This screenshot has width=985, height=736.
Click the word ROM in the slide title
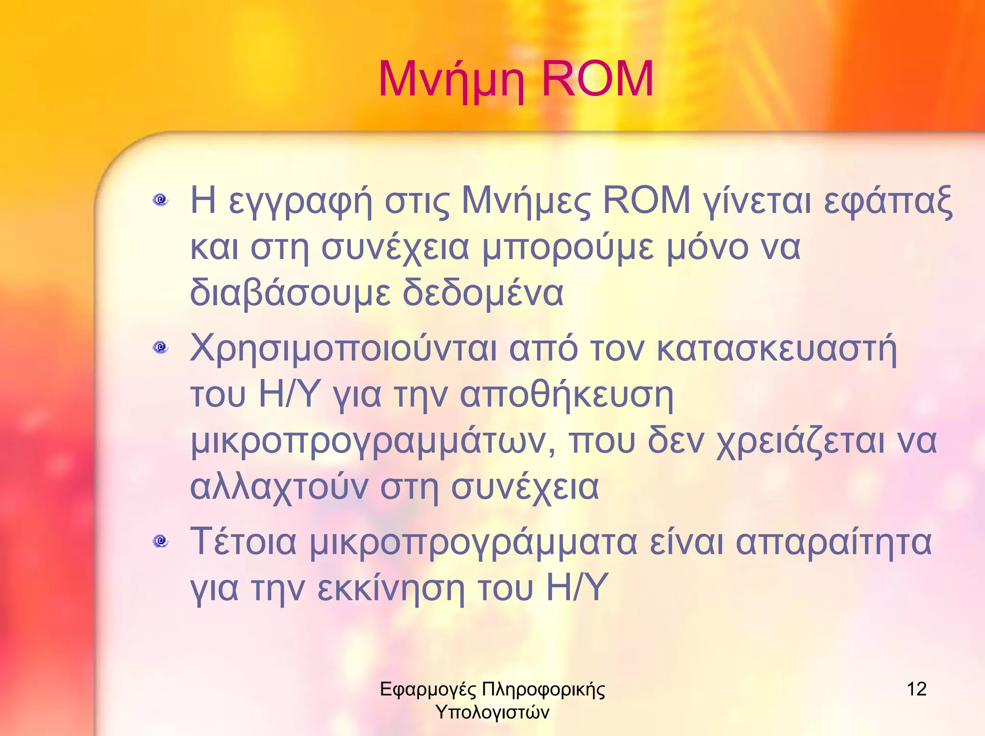[x=597, y=79]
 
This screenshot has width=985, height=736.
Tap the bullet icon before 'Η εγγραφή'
[x=161, y=199]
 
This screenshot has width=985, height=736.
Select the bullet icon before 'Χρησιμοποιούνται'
[x=161, y=347]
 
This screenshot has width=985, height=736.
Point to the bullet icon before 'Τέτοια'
[x=161, y=541]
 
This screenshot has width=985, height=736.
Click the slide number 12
[x=916, y=689]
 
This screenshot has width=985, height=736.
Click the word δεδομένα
[x=482, y=293]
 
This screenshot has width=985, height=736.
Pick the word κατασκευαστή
[x=776, y=349]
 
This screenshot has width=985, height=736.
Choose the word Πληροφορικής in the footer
[x=543, y=689]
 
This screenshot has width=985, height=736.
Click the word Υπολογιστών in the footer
[x=492, y=712]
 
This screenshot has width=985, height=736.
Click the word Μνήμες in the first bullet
[x=526, y=201]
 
